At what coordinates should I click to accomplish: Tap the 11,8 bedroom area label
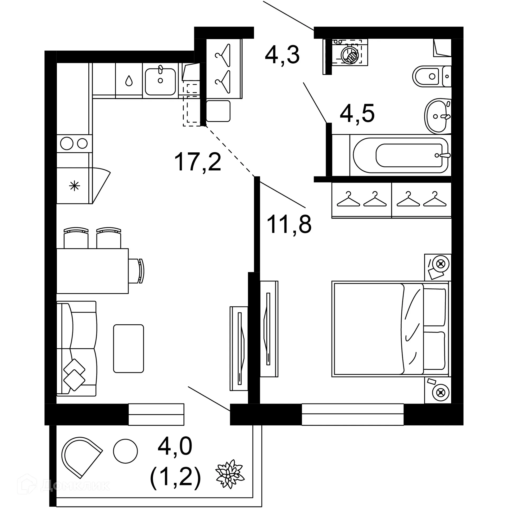pyautogui.click(x=289, y=224)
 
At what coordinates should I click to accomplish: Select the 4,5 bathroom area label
pyautogui.click(x=357, y=114)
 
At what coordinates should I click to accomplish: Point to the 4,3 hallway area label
pyautogui.click(x=282, y=55)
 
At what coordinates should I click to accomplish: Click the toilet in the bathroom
pyautogui.click(x=429, y=76)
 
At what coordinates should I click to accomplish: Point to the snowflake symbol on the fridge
pyautogui.click(x=74, y=186)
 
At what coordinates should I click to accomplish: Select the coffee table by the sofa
pyautogui.click(x=129, y=348)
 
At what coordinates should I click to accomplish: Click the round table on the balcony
pyautogui.click(x=125, y=451)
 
